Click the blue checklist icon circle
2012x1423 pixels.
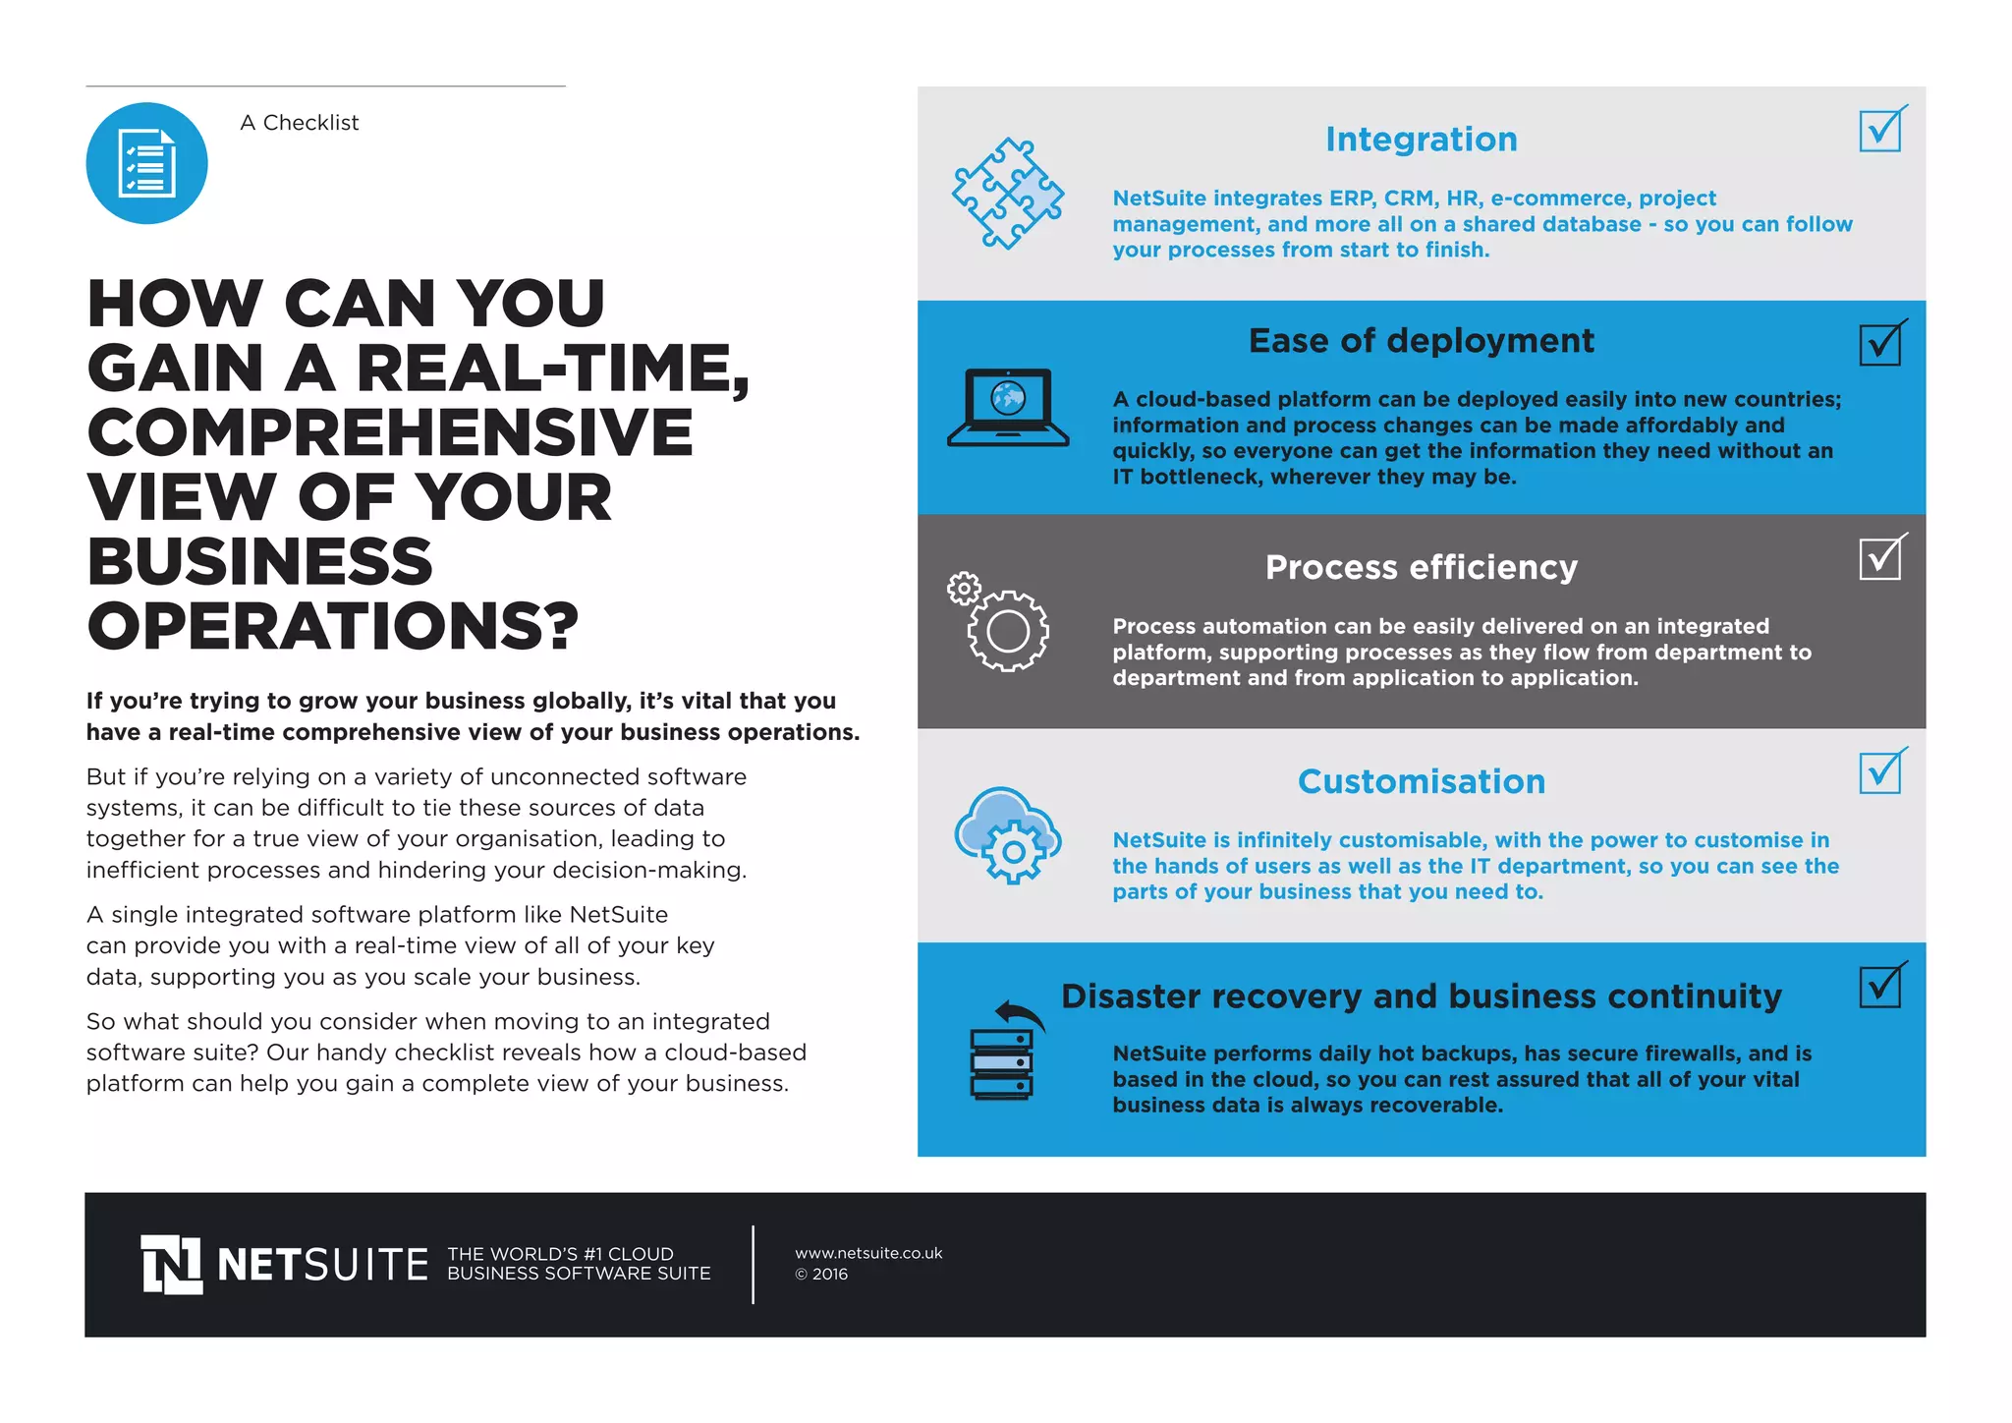146,163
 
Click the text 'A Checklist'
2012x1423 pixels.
300,123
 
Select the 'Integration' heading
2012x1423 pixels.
1421,140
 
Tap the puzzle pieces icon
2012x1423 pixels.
1007,194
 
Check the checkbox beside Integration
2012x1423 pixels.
1880,131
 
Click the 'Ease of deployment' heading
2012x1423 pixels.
1421,341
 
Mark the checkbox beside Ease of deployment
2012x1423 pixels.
1880,344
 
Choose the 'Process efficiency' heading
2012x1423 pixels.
1421,567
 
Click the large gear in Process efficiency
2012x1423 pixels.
1008,631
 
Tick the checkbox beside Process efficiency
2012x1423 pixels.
1880,558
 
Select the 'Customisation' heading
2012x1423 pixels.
1421,781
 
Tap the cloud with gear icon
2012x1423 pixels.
1008,835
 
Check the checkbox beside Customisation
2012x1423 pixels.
1880,772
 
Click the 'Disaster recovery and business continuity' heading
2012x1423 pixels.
1421,996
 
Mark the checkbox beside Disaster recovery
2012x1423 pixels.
1880,987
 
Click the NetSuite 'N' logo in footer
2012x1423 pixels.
172,1265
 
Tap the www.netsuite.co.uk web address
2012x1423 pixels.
868,1253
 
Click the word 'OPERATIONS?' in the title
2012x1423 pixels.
333,626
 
